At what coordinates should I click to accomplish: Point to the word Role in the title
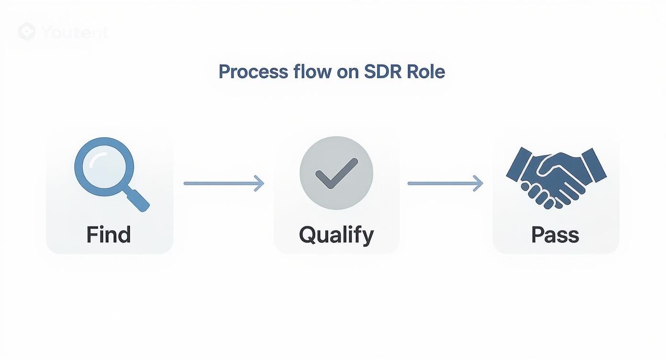click(426, 72)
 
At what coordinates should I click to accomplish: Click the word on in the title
click(347, 72)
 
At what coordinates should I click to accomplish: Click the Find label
click(109, 235)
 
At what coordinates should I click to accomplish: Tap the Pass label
click(555, 235)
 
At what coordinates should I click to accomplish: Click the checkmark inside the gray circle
click(336, 173)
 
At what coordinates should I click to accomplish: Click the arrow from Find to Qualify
click(223, 183)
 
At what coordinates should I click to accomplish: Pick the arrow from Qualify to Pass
click(445, 183)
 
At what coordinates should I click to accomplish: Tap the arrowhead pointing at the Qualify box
click(259, 183)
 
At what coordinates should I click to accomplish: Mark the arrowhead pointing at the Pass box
click(478, 183)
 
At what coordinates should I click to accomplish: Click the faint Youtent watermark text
click(75, 33)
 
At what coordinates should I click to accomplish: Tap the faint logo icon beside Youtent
click(27, 32)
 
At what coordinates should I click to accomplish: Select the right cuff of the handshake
click(594, 164)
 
